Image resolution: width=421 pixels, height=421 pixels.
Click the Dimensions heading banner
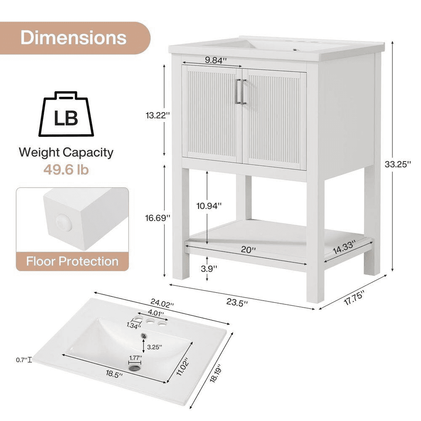click(x=74, y=38)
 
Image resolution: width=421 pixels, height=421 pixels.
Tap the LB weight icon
click(x=66, y=114)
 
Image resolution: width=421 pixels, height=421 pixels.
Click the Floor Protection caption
click(x=72, y=261)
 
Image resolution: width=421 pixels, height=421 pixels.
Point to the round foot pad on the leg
click(x=64, y=223)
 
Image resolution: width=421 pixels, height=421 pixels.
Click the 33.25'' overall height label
click(x=398, y=164)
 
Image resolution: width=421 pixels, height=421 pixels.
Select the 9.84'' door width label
click(x=214, y=60)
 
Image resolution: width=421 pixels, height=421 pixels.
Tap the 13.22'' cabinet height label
click(x=157, y=115)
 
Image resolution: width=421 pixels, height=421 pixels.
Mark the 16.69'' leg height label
click(x=157, y=218)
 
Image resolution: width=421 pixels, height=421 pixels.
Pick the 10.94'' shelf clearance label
click(x=209, y=206)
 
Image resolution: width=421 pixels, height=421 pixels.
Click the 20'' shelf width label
click(x=248, y=250)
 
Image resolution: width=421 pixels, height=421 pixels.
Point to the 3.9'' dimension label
click(x=209, y=269)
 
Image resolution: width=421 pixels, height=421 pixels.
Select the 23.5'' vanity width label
click(x=237, y=302)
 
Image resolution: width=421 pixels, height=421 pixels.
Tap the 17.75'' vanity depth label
click(x=354, y=298)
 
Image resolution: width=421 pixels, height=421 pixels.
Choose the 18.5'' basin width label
click(x=114, y=373)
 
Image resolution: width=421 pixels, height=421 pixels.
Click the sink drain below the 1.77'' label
click(x=135, y=368)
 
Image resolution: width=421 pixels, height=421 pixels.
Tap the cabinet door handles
click(x=240, y=91)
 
